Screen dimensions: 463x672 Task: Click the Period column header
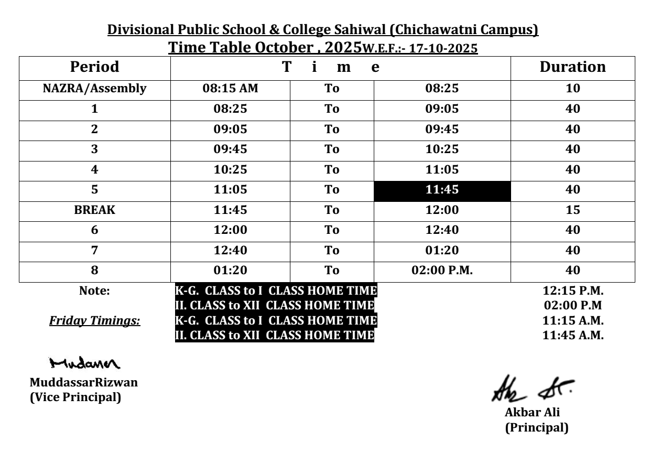95,67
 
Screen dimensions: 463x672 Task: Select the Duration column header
573,67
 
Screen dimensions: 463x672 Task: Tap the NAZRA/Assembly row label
95,89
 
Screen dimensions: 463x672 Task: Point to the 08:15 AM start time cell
230,89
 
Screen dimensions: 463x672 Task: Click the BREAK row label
95,210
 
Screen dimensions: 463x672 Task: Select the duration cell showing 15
573,210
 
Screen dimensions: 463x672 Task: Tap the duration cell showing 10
573,89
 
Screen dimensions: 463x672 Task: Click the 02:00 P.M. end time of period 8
442,271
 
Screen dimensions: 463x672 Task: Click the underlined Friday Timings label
95,321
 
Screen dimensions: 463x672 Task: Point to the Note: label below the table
95,292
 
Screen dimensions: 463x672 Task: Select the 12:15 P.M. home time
573,292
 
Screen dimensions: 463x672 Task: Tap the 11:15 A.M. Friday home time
573,321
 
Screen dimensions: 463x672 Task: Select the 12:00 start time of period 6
230,230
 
